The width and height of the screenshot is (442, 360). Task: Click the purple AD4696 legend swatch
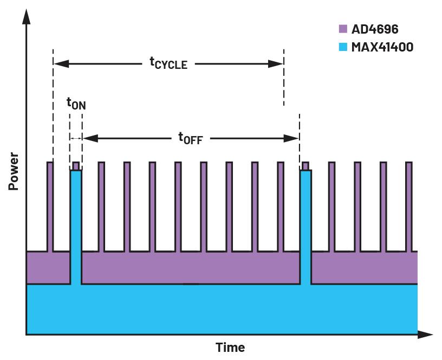tap(342, 29)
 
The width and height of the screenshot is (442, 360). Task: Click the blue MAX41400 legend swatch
tap(342, 47)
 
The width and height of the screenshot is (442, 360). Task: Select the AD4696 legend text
tap(375, 29)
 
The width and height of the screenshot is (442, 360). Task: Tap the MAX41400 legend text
tap(382, 47)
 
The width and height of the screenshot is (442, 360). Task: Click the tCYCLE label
tap(168, 63)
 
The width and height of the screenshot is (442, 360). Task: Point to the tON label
tap(76, 102)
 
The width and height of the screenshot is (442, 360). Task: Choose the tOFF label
tap(190, 138)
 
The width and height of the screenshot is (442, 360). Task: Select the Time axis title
tap(230, 348)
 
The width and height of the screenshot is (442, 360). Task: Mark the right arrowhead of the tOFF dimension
tap(292, 138)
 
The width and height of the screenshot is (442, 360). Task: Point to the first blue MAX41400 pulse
tap(76, 228)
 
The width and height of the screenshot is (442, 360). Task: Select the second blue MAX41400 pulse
tap(305, 228)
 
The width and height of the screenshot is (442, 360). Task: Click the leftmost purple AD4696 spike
tap(50, 206)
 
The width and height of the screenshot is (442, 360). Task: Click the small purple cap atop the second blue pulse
tap(305, 166)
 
